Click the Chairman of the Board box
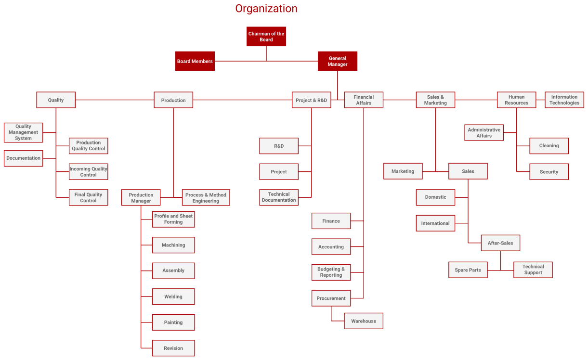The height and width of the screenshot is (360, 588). click(266, 37)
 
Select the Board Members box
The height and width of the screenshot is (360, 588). click(195, 61)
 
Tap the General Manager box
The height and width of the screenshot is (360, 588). click(338, 61)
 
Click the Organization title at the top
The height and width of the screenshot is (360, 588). click(266, 8)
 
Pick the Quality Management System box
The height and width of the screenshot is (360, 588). click(24, 132)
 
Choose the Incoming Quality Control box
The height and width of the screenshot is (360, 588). click(89, 172)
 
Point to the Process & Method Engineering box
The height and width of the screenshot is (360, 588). click(206, 198)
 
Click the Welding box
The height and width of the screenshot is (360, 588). click(173, 296)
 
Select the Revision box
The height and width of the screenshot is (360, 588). click(173, 348)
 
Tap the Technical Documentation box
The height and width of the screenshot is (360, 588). click(279, 197)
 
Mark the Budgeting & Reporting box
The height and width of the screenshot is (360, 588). click(331, 272)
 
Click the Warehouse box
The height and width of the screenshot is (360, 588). click(364, 321)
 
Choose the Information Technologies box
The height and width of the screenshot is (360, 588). click(564, 100)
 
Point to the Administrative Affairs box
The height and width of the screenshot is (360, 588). click(484, 133)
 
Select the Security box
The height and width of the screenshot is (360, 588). click(549, 172)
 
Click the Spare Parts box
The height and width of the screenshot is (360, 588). click(468, 270)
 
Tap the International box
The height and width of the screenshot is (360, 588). click(435, 223)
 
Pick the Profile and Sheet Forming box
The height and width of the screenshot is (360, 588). click(173, 219)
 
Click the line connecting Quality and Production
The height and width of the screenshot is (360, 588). click(115, 100)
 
